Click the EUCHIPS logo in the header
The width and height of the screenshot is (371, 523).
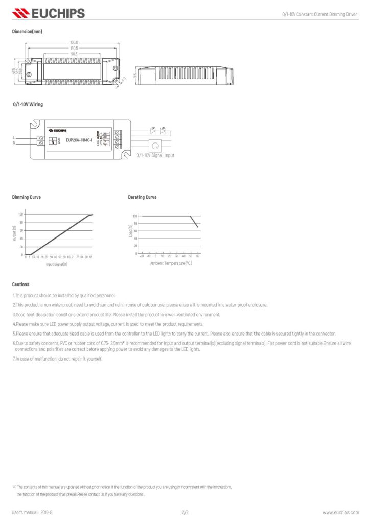coord(49,13)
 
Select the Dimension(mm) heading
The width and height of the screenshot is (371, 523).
coord(27,32)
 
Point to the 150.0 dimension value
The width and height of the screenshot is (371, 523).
coord(74,42)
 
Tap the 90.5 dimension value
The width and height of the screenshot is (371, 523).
coord(74,53)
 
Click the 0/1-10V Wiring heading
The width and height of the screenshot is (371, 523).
coord(28,104)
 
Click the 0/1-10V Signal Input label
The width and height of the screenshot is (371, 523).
coord(155,155)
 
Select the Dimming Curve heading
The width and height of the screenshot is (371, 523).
coord(27,197)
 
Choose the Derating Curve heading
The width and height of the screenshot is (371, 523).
coord(142,197)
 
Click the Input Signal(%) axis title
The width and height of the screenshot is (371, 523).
coord(57,264)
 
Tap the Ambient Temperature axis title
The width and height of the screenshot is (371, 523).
coord(171,263)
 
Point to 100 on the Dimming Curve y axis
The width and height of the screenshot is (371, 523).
coord(21,215)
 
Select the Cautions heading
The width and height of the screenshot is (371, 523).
coord(20,284)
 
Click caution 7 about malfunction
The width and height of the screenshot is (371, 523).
coord(58,359)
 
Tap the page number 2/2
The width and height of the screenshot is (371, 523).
coord(185,512)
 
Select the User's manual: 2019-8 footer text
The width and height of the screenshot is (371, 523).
coord(32,512)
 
